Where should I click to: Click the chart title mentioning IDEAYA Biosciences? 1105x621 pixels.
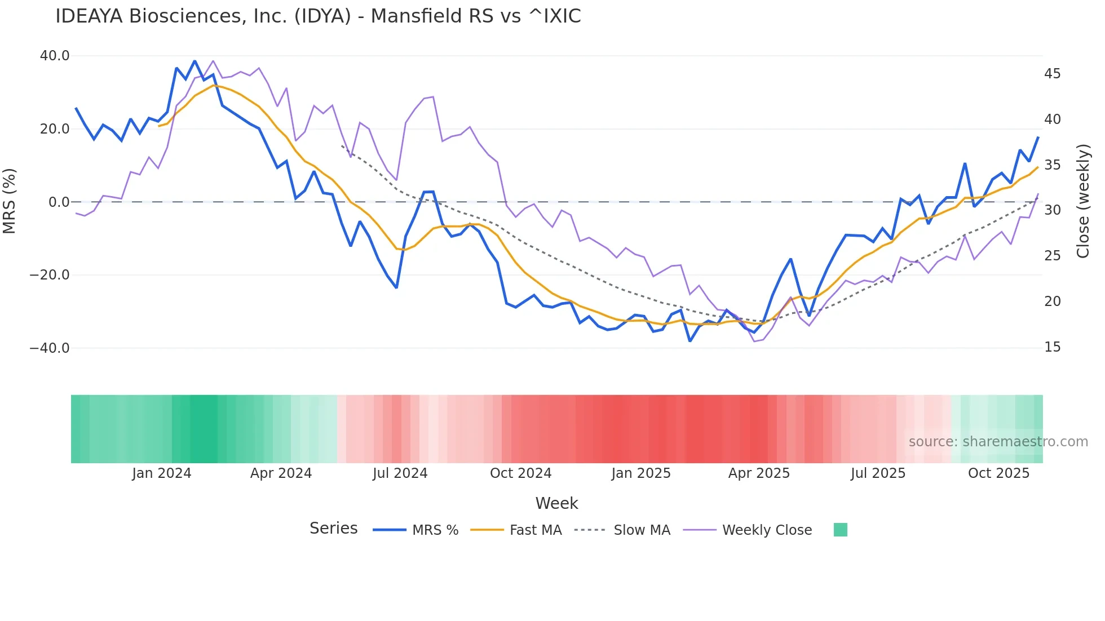(x=318, y=16)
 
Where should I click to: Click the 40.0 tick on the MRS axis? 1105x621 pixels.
(x=55, y=56)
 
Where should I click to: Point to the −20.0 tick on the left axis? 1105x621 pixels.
(x=50, y=275)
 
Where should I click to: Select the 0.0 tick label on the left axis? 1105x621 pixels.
(x=59, y=202)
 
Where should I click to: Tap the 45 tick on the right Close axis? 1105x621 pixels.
(x=1052, y=74)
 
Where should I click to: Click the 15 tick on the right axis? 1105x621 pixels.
(x=1052, y=347)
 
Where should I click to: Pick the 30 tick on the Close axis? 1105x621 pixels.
(x=1052, y=210)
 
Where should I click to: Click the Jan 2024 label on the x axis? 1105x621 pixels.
(x=162, y=473)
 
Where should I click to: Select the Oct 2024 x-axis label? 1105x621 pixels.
(x=520, y=473)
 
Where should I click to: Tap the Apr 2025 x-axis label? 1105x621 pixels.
(x=759, y=473)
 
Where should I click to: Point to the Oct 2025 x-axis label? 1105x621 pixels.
(x=998, y=473)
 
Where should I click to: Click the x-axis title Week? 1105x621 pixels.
(x=556, y=503)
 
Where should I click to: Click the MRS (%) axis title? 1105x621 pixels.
(x=10, y=201)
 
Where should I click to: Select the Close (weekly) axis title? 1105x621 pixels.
(x=1082, y=201)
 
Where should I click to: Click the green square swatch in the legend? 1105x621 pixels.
(x=840, y=530)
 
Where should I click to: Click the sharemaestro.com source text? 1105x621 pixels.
(x=998, y=442)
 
